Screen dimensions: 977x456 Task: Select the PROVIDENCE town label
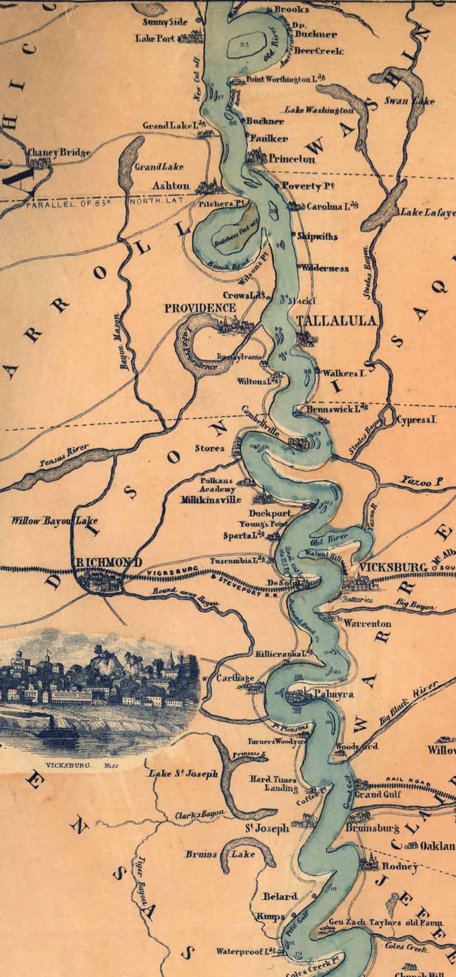click(x=200, y=308)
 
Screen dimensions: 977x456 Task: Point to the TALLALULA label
click(x=337, y=321)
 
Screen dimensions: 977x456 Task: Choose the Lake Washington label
click(x=319, y=110)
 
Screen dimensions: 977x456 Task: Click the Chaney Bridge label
click(x=59, y=152)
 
